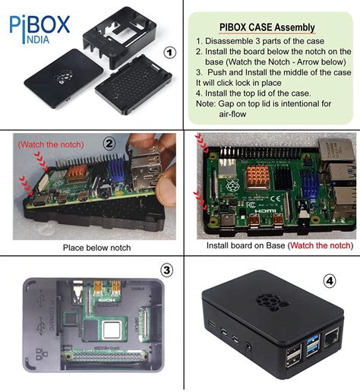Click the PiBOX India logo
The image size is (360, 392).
[39, 28]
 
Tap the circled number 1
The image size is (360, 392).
[171, 52]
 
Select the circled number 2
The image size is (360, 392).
[109, 143]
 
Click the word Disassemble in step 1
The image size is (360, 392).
[231, 41]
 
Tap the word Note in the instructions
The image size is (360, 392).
[207, 103]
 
